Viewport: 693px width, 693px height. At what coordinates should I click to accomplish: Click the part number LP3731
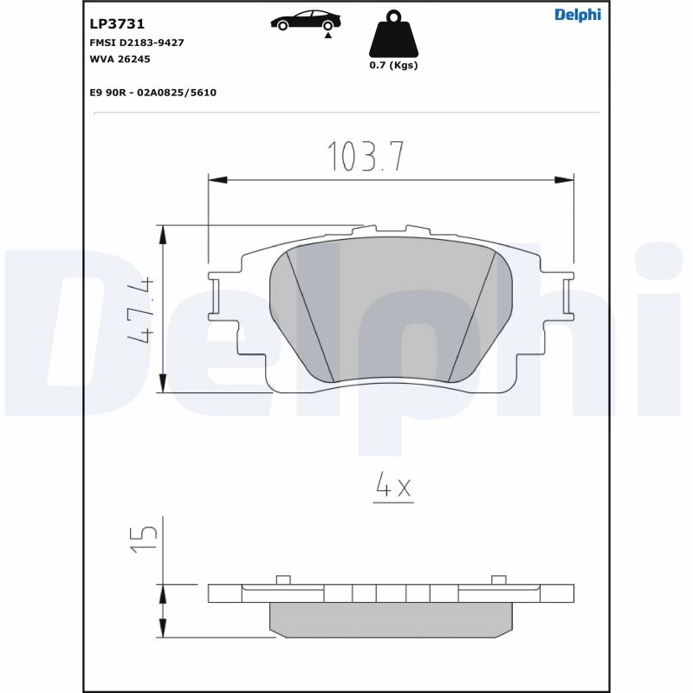(117, 24)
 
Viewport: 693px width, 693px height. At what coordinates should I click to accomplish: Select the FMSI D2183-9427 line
(137, 42)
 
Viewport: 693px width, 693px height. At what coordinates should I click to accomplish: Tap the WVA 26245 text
(120, 59)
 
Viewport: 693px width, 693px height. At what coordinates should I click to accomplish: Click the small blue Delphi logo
(578, 15)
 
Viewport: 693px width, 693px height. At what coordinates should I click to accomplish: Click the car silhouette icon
(306, 20)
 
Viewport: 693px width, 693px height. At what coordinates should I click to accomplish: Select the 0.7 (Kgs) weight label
(393, 65)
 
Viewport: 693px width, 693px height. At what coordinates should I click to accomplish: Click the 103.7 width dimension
(366, 156)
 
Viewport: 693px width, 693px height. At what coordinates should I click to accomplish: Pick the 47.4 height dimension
(140, 310)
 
